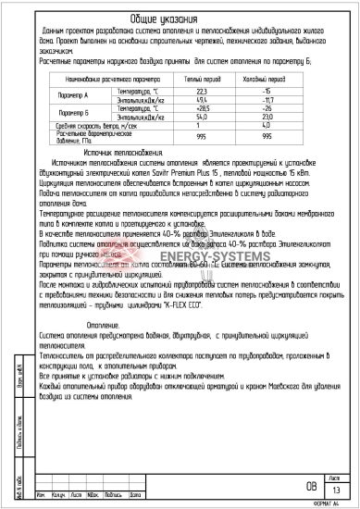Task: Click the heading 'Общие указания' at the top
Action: pos(180,19)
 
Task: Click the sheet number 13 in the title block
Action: pos(339,489)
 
